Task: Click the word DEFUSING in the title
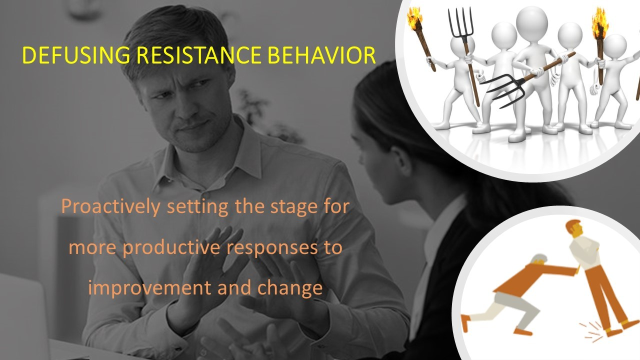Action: [x=76, y=55]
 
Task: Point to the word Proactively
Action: [x=110, y=207]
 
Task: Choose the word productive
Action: [x=171, y=248]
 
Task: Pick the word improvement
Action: [x=149, y=288]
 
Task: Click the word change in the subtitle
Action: [x=290, y=288]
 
